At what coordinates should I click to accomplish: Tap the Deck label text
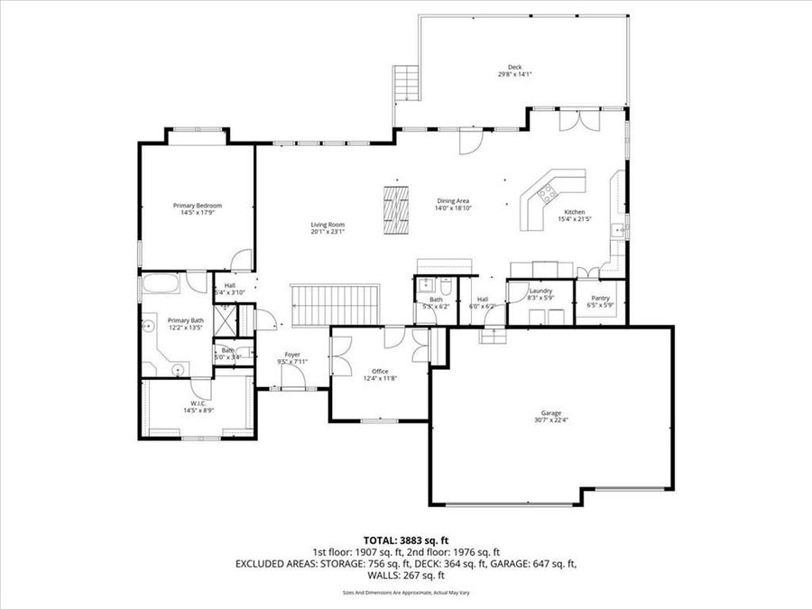point(514,68)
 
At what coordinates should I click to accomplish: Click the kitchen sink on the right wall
point(620,230)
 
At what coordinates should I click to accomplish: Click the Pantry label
point(601,298)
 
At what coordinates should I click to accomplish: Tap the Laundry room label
point(540,291)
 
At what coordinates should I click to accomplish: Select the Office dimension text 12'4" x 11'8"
point(380,379)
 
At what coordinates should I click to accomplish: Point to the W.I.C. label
point(198,403)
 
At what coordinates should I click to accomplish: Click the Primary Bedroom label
point(198,206)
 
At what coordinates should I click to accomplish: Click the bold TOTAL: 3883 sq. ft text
point(405,539)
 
